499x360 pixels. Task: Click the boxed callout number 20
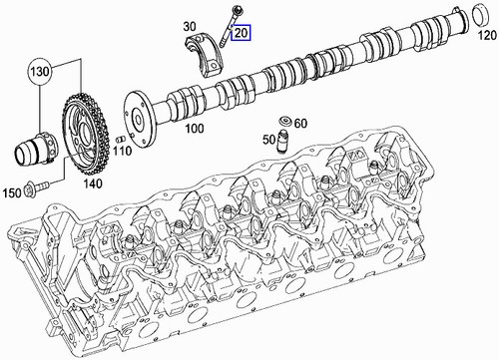(x=242, y=33)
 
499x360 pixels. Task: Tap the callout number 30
(x=190, y=26)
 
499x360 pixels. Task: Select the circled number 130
(x=40, y=71)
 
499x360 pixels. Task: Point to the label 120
(x=487, y=35)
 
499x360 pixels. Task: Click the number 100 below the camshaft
(x=195, y=129)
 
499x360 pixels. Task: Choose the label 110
(x=122, y=152)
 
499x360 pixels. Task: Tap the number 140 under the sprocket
(x=92, y=183)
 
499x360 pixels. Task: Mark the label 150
(x=12, y=192)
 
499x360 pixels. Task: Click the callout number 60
(x=300, y=124)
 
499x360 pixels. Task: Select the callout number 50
(x=269, y=140)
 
